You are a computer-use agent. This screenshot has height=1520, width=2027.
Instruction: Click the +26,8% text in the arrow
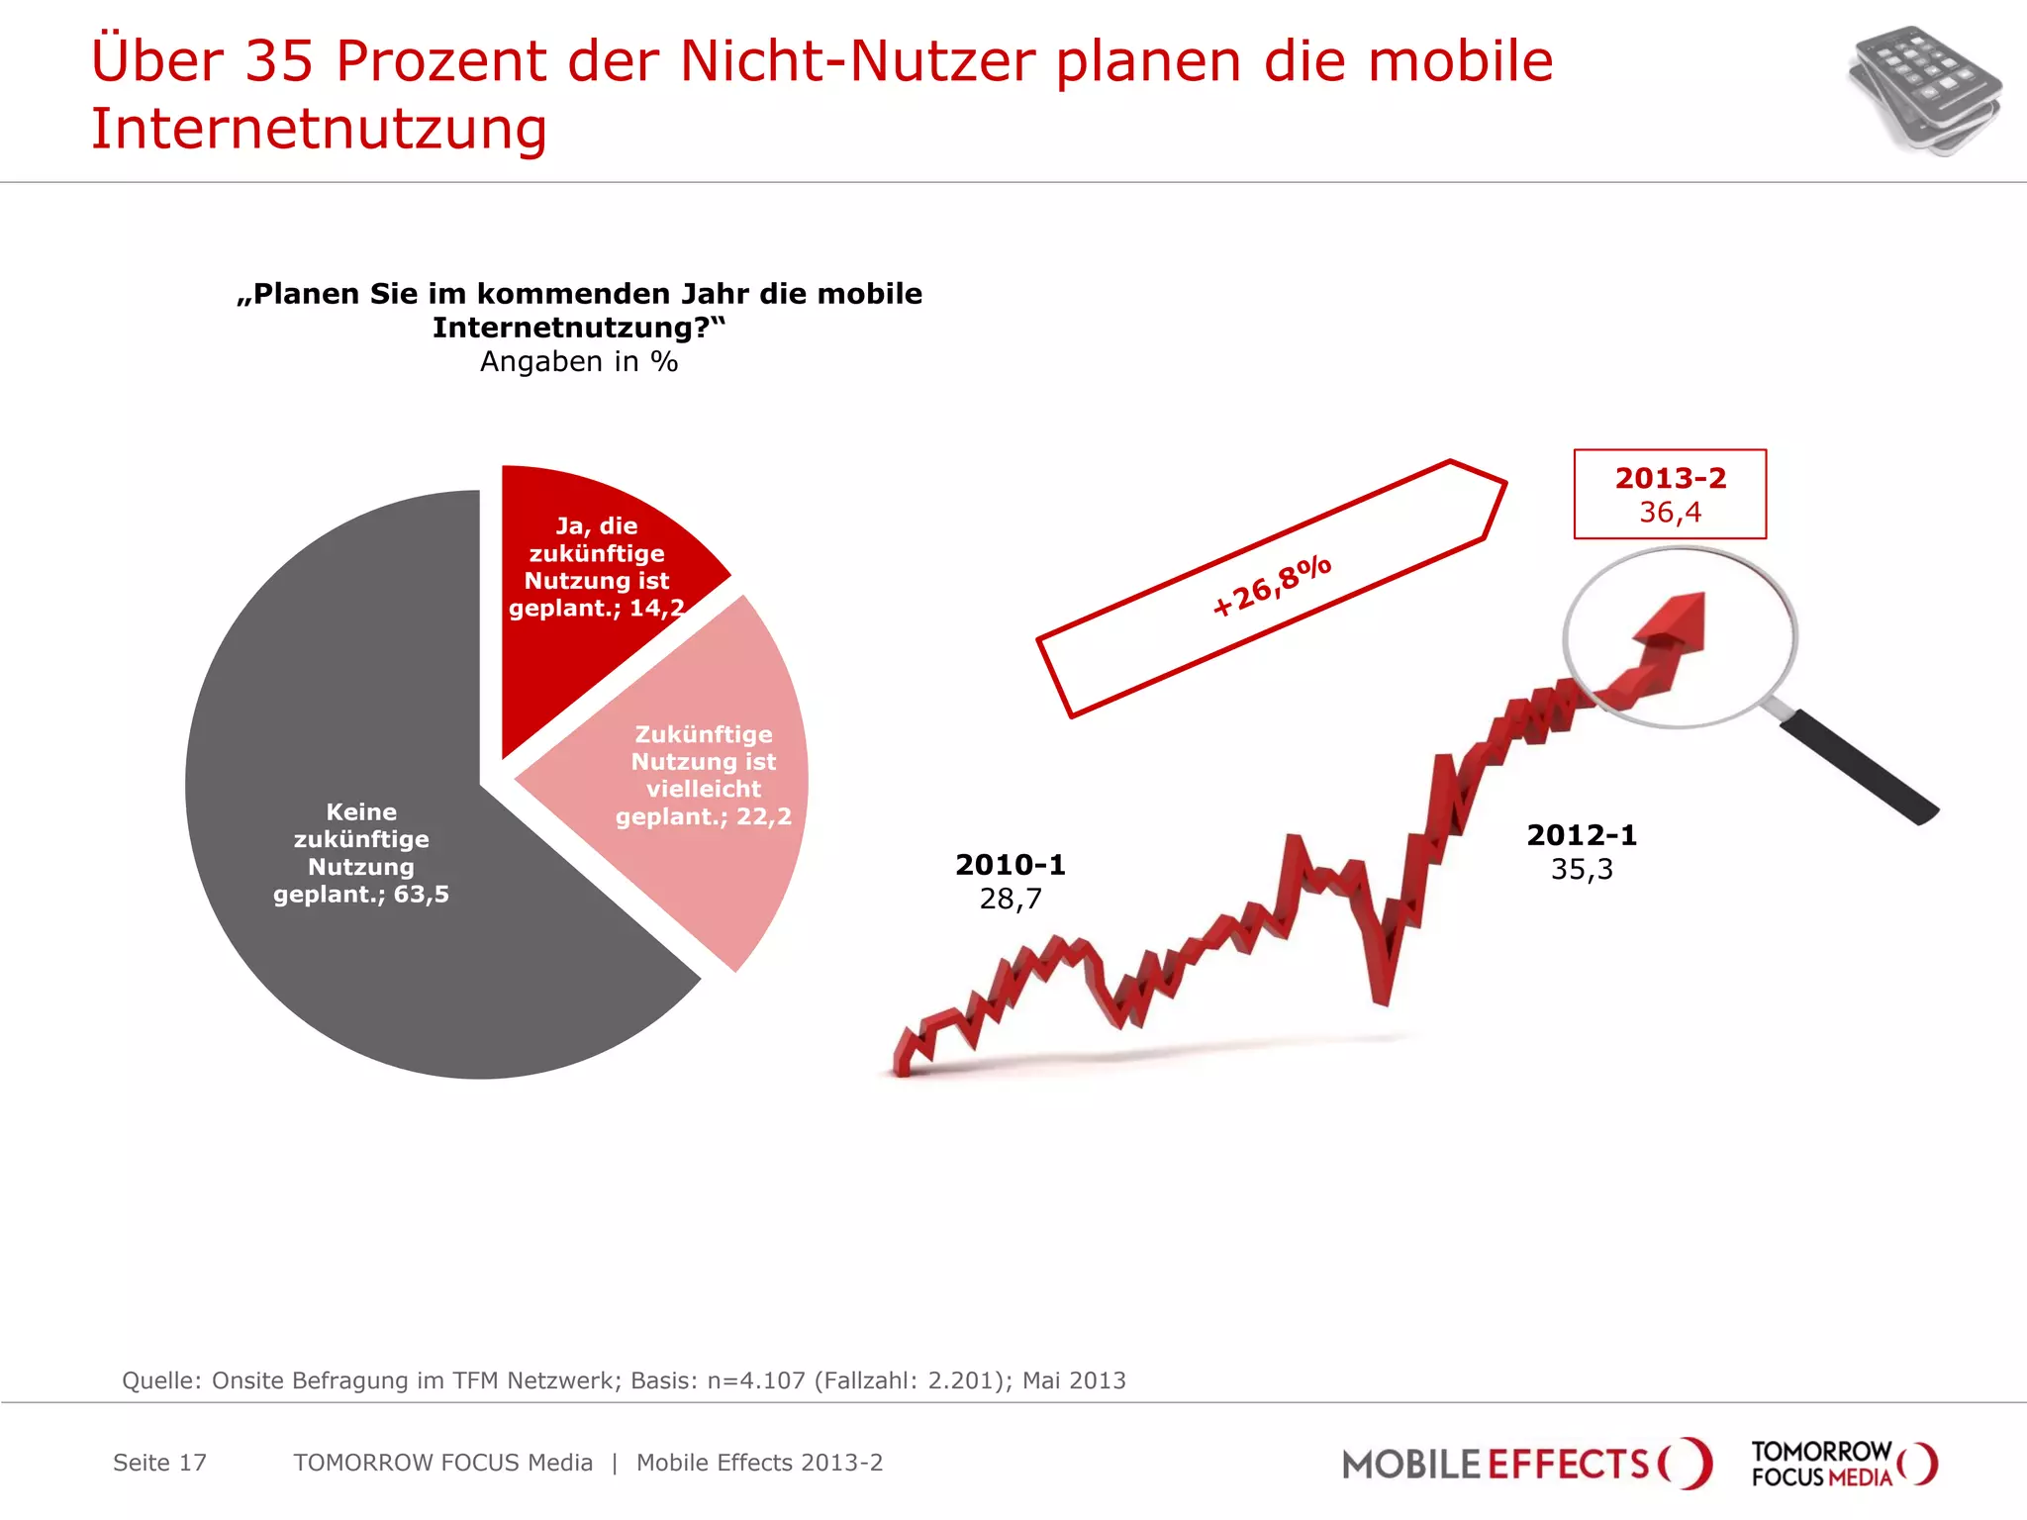[x=1272, y=585]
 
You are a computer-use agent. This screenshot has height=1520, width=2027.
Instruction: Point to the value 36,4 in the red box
[x=1670, y=513]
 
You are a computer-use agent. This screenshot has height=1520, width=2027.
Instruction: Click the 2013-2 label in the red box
[x=1670, y=478]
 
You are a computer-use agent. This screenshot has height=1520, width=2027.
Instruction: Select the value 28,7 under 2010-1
[x=1011, y=899]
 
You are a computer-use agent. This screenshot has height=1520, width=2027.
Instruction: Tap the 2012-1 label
[x=1582, y=835]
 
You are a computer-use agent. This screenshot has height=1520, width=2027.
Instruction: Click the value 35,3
[x=1582, y=869]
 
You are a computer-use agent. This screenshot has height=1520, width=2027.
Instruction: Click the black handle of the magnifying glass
[x=1861, y=767]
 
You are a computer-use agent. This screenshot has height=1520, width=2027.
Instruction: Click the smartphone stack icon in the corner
[x=1924, y=91]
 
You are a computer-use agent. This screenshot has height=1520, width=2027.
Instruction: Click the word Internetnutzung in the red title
[x=319, y=129]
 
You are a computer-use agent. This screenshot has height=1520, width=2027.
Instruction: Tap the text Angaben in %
[x=579, y=362]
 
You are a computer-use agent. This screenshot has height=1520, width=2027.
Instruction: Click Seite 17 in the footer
[x=159, y=1463]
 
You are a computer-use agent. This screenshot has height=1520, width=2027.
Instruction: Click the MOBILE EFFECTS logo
[x=1524, y=1464]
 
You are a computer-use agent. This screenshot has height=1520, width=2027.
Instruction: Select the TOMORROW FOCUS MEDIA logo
[x=1843, y=1464]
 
